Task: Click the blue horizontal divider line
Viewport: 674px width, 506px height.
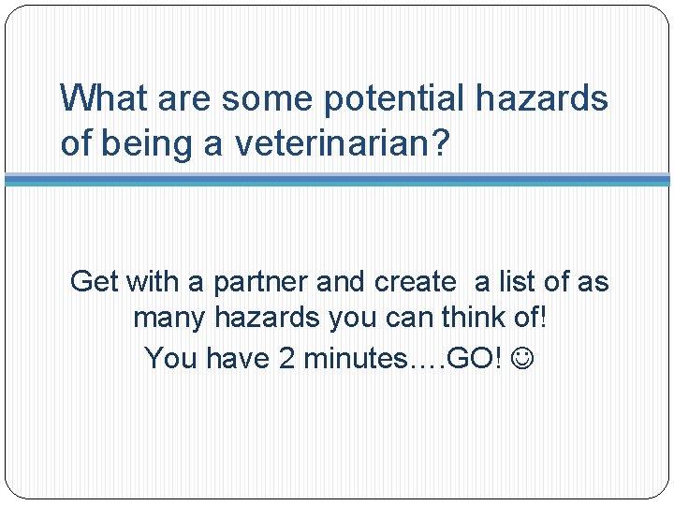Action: (x=337, y=179)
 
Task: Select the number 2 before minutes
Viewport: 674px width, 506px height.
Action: (x=287, y=358)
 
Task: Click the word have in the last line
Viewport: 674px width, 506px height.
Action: (x=239, y=358)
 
